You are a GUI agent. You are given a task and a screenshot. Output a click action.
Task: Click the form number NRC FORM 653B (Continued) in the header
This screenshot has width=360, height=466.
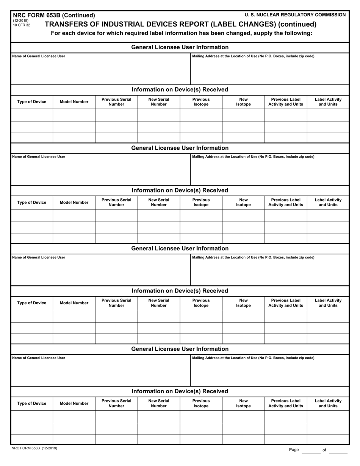point(54,15)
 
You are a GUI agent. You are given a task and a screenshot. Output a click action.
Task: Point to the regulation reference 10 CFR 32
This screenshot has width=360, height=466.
point(21,25)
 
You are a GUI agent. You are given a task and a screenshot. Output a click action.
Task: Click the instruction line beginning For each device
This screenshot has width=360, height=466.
point(182,33)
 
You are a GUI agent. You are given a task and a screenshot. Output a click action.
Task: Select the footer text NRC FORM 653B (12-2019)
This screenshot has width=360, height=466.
point(35,448)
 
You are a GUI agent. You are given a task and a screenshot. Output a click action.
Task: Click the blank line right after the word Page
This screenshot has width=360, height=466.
point(311,450)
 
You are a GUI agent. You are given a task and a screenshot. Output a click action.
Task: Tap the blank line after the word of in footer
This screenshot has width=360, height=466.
point(338,450)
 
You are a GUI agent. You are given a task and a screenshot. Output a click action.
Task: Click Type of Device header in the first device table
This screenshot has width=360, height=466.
point(32,102)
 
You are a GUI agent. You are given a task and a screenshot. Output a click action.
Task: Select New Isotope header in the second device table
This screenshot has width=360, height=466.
point(243,202)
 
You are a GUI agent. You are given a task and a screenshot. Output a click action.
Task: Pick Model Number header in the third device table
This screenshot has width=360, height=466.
point(74,303)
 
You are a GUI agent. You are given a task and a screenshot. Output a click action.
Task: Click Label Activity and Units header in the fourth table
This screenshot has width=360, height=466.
point(328,403)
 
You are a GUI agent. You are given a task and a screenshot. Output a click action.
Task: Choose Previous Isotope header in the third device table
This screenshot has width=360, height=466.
point(201,303)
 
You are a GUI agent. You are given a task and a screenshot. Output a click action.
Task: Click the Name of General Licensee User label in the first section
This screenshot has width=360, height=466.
point(39,56)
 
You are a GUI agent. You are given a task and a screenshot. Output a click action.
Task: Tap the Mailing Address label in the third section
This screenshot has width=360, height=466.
point(253,257)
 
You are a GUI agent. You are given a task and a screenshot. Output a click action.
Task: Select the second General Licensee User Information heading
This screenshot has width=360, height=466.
point(180,148)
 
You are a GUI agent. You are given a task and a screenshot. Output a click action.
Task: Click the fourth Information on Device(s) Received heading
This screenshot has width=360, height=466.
point(180,391)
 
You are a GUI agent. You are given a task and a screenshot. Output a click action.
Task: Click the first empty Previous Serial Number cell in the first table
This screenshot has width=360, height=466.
point(116,115)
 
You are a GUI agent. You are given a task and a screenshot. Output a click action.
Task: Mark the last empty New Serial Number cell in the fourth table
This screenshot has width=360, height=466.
point(158,439)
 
